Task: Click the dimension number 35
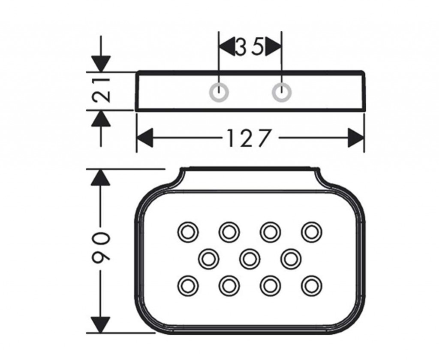pos(250,47)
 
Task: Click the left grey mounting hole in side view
pos(219,92)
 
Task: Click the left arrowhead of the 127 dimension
pos(144,138)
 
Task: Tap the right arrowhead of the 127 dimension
pos(356,138)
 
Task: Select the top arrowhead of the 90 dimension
pos(100,177)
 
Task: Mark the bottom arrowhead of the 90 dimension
pos(100,324)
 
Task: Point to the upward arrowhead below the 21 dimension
pos(101,118)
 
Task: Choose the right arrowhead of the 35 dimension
pos(273,46)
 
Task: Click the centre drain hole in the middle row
pos(249,258)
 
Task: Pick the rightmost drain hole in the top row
pos(311,232)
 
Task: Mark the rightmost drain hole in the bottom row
pos(311,285)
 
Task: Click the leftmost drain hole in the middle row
pos(208,258)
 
